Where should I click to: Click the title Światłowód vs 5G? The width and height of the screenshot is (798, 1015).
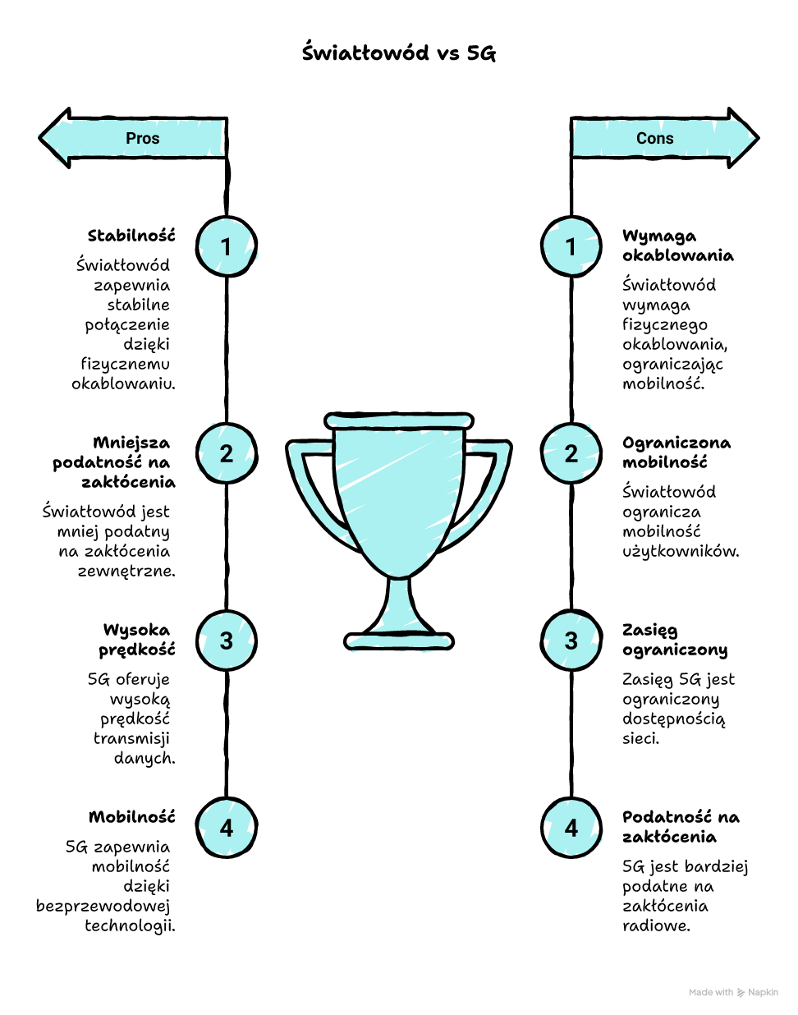(399, 53)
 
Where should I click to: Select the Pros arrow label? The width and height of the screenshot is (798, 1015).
(143, 138)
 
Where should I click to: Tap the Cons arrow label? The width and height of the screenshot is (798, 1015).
(654, 138)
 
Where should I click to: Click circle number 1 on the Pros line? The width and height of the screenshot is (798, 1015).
(227, 246)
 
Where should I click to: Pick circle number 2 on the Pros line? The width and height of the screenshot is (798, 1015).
(227, 453)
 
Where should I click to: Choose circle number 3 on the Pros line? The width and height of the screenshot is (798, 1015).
(227, 641)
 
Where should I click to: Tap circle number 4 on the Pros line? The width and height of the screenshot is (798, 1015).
(227, 828)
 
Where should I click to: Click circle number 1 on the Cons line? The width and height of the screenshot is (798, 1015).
(571, 246)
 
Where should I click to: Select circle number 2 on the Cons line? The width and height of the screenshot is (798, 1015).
(571, 453)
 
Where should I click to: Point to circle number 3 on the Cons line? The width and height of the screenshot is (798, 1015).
(571, 641)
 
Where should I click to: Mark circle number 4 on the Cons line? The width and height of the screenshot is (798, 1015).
(571, 828)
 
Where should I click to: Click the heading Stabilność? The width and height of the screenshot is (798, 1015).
(131, 236)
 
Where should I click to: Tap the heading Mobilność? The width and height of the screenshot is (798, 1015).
(131, 817)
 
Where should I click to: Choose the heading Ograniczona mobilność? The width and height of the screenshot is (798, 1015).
(676, 452)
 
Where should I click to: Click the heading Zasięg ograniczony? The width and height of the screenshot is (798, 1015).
(674, 640)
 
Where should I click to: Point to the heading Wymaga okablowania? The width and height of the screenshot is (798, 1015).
(677, 246)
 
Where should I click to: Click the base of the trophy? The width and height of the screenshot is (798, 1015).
(399, 641)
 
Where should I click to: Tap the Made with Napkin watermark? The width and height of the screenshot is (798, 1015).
(733, 992)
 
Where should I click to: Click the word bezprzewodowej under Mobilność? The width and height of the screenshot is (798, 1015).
(103, 906)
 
